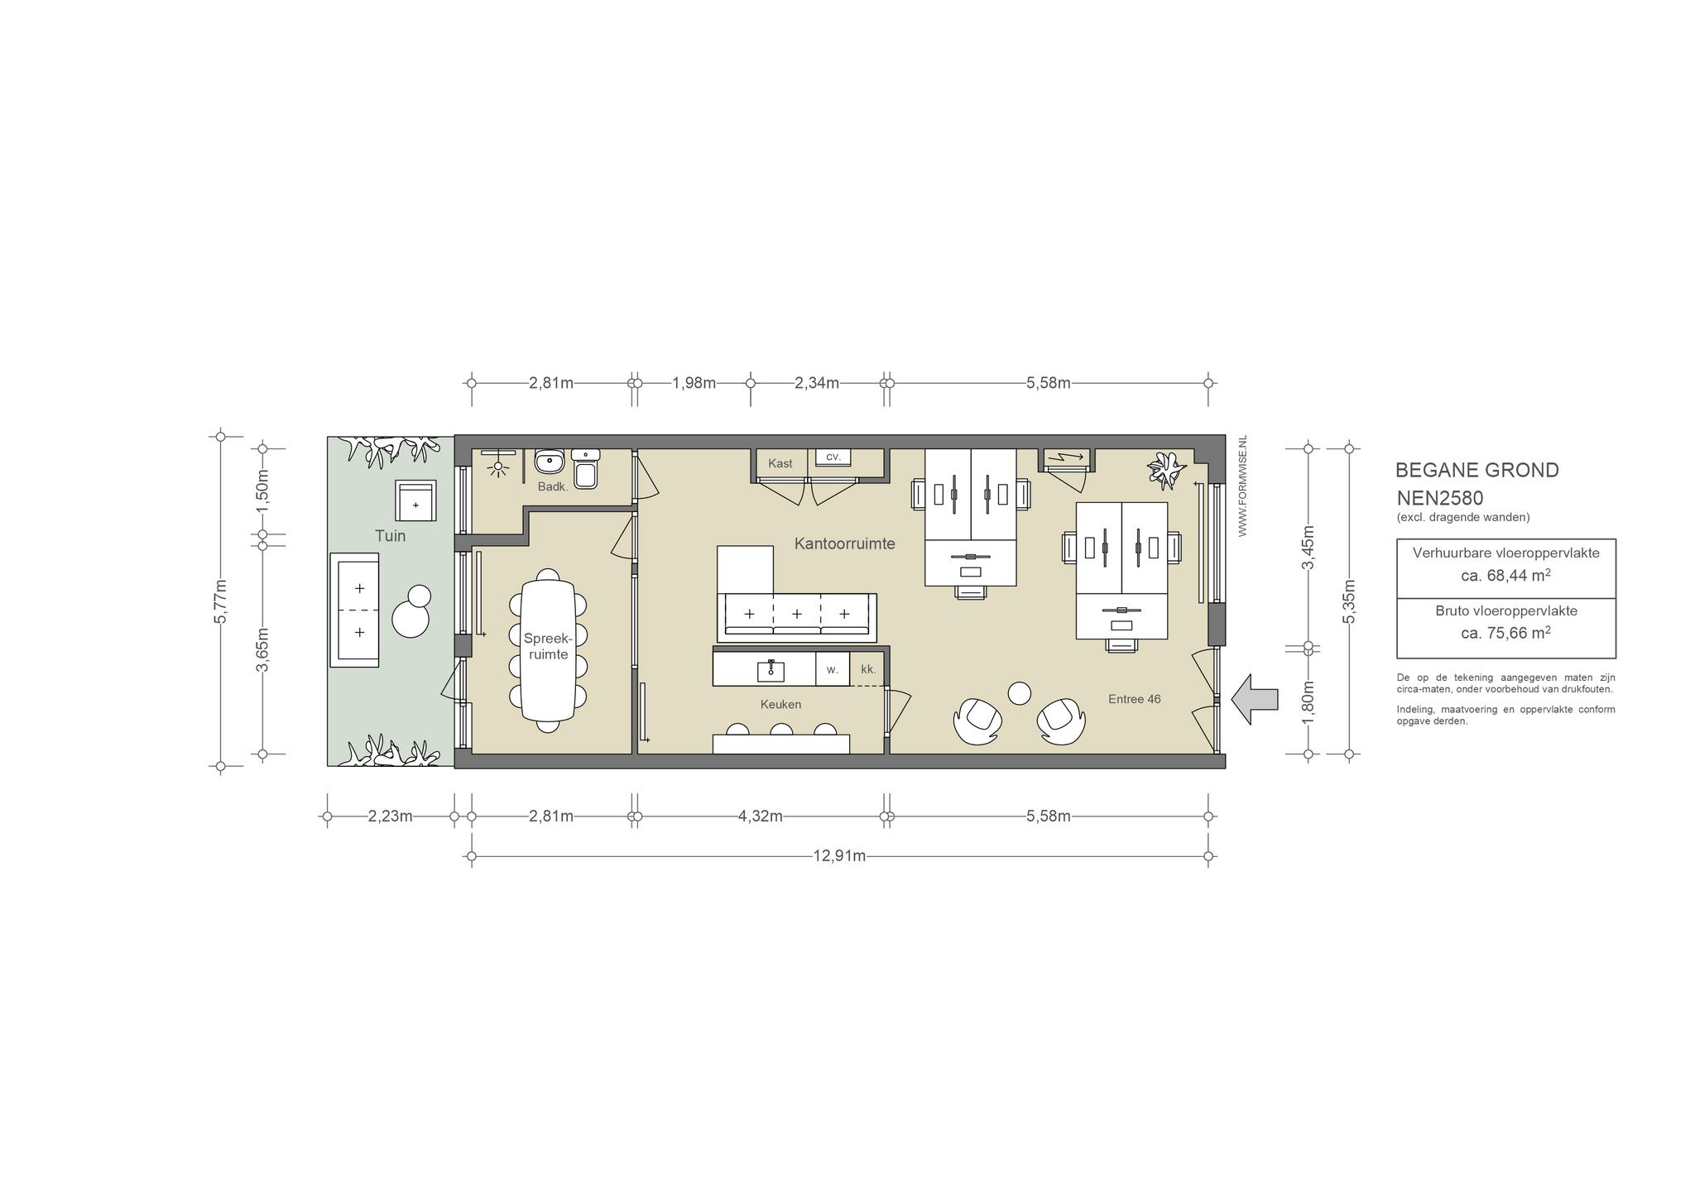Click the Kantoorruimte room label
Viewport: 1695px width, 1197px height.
(x=844, y=543)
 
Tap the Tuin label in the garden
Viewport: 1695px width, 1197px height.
(x=391, y=536)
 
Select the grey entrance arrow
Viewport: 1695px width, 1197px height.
(x=1255, y=699)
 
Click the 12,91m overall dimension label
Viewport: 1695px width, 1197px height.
(x=839, y=855)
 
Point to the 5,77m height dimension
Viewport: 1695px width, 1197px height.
(x=220, y=601)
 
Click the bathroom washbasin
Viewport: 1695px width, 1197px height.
(x=549, y=461)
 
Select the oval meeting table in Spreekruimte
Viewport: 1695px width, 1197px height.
(x=547, y=650)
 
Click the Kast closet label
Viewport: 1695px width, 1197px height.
(x=780, y=463)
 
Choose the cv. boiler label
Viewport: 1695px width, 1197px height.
(x=833, y=457)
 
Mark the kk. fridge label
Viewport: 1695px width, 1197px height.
(x=867, y=669)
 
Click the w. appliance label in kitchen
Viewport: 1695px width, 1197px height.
(x=832, y=669)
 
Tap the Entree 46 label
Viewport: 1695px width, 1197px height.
(x=1134, y=699)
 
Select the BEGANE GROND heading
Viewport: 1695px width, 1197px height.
(x=1477, y=470)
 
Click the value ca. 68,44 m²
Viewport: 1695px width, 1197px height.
(x=1506, y=575)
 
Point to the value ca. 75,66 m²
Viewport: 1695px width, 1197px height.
(x=1506, y=633)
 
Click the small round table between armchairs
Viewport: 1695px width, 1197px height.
(x=1020, y=693)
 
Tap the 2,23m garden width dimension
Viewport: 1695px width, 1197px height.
(x=391, y=816)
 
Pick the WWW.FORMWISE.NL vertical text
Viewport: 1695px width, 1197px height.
(x=1242, y=486)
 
